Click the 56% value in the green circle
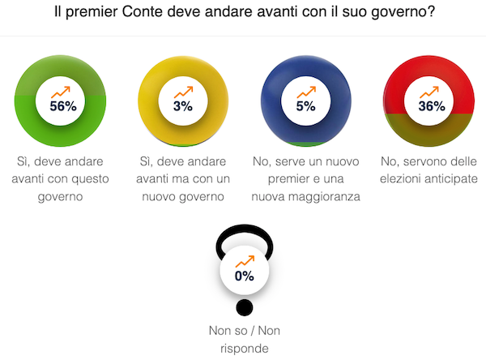pyautogui.click(x=62, y=106)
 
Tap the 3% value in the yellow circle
pyautogui.click(x=182, y=106)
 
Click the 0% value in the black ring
pyautogui.click(x=244, y=276)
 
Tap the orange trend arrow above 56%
pyautogui.click(x=62, y=91)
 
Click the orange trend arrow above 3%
pyautogui.click(x=183, y=91)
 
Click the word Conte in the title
pyautogui.click(x=166, y=15)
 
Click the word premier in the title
pyautogui.click(x=113, y=15)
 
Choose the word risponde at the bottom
pyautogui.click(x=244, y=349)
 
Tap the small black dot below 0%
pyautogui.click(x=244, y=308)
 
